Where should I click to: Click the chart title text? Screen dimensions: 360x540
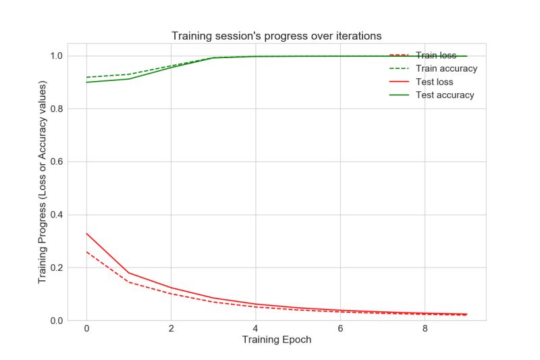tap(277, 35)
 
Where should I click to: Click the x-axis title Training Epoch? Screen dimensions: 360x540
tap(277, 340)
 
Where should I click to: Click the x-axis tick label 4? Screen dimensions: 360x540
tap(255, 328)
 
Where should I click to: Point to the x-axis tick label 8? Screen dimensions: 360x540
tap(424, 328)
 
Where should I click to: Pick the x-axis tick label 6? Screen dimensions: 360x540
tap(340, 328)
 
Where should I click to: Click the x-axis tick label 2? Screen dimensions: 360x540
tap(171, 328)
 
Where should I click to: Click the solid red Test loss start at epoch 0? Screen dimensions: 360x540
tap(86, 233)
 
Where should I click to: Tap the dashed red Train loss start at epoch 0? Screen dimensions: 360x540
tap(86, 251)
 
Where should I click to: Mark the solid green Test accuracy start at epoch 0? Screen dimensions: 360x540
tap(86, 82)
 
